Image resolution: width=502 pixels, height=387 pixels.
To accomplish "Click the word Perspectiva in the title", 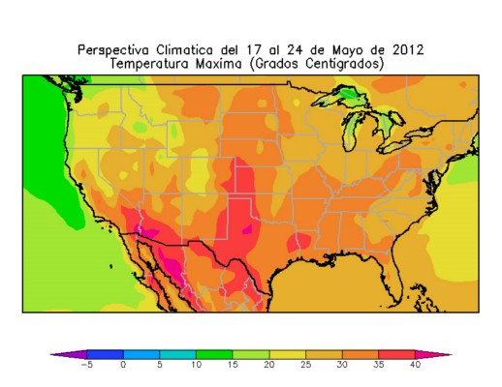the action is (113, 50).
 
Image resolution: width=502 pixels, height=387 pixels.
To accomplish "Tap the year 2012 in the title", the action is (408, 50).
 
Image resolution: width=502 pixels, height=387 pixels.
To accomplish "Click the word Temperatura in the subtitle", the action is (149, 64).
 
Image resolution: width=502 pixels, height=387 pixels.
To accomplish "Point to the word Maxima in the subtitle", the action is (219, 64).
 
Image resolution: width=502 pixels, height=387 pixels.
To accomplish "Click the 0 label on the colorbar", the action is (123, 365).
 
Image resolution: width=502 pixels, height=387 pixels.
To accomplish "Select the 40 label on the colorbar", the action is (415, 365).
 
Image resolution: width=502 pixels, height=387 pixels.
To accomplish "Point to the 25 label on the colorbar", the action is (305, 365).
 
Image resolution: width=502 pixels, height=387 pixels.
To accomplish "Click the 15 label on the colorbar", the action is (233, 365).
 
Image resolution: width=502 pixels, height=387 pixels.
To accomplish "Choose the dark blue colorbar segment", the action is (105, 354).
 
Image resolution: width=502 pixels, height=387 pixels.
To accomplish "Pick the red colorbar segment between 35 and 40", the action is (396, 354).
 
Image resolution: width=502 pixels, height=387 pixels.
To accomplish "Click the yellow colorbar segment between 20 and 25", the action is (288, 354).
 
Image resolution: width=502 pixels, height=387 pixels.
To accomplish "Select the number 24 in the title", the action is (296, 50).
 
